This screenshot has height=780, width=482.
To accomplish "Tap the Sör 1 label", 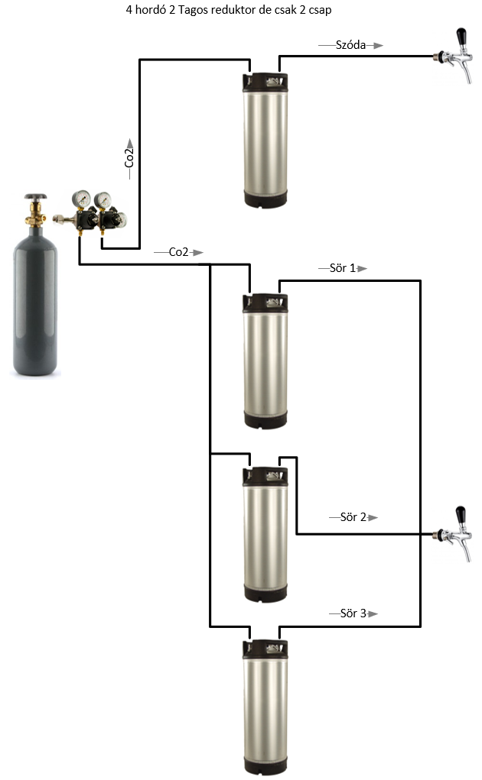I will pos(342,268).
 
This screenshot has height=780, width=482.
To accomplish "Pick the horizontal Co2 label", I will pos(178,252).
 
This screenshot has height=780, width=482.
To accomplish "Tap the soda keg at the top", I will pos(265,138).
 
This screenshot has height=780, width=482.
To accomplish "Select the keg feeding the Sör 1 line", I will pos(265,359).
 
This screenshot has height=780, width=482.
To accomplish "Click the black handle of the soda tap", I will pos(461,37).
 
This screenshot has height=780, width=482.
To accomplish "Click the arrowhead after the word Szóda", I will pos(377,45).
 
